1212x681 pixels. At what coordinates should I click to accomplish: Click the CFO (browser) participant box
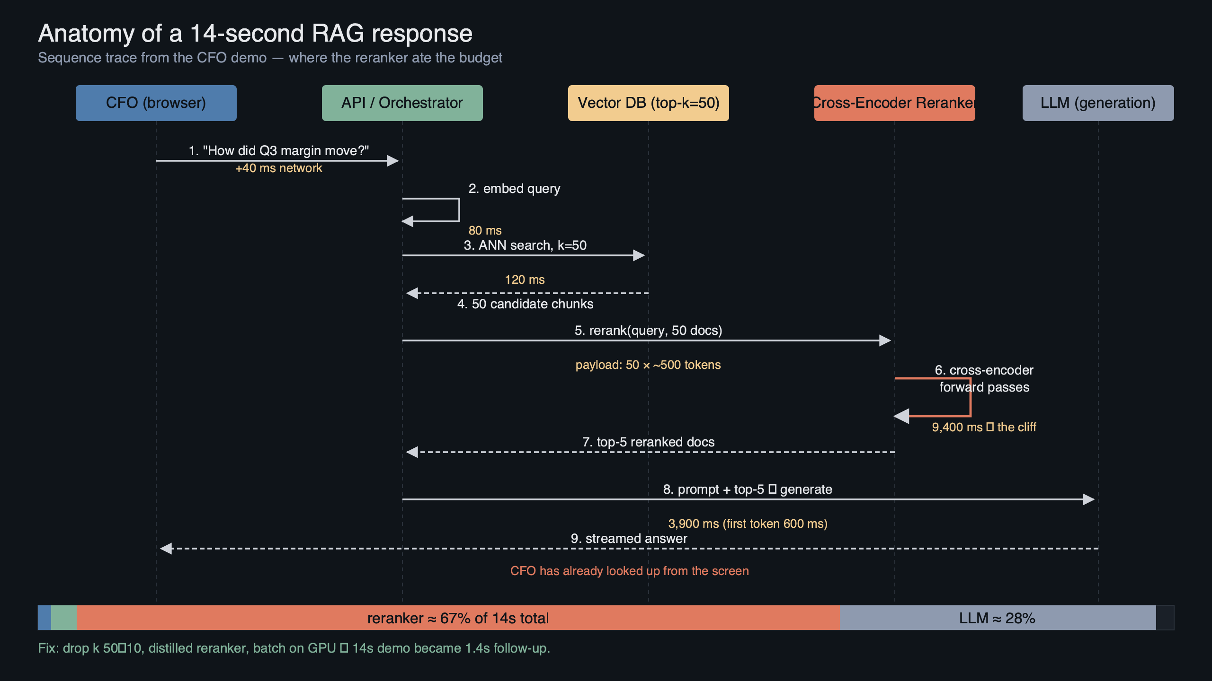pos(156,103)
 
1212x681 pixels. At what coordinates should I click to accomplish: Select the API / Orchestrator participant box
pos(402,103)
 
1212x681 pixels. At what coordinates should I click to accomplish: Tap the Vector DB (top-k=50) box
pos(648,103)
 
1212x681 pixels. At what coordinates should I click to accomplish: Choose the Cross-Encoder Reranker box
pos(894,103)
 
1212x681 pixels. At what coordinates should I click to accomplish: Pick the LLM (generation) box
pos(1098,103)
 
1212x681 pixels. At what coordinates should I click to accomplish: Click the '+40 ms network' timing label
pos(278,168)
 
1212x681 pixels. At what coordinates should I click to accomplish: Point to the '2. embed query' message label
pos(514,188)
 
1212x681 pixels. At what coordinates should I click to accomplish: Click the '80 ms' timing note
pos(485,230)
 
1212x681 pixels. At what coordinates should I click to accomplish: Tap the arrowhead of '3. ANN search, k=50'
pos(639,255)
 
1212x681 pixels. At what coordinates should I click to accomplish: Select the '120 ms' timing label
pos(525,279)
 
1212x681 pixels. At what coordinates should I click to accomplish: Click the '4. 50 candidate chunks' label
pos(525,304)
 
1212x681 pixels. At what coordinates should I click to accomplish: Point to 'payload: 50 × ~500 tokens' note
pos(648,365)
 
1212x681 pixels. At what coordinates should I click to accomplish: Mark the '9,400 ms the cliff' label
pos(984,427)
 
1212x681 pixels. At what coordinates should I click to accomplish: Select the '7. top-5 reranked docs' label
pos(648,442)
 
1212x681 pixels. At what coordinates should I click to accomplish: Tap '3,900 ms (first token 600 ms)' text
pos(748,524)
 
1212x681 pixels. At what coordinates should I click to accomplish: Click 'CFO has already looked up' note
pos(629,571)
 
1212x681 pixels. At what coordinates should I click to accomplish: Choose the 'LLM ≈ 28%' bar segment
pos(997,618)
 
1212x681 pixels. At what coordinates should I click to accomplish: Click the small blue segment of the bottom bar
pos(45,618)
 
